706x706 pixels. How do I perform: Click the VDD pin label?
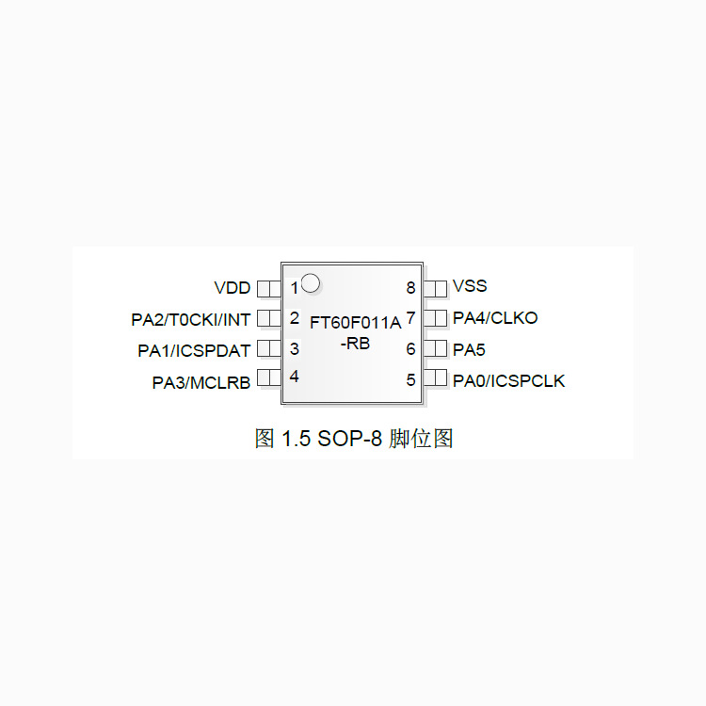point(233,288)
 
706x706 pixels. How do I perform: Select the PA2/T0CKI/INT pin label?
point(191,320)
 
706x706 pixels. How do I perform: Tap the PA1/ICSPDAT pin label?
point(195,351)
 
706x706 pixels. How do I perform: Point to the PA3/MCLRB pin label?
point(201,382)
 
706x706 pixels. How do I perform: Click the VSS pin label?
point(470,286)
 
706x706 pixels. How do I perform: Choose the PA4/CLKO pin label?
point(495,318)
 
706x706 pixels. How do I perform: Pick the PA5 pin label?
point(469,349)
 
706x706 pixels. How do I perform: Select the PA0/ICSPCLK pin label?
point(508,381)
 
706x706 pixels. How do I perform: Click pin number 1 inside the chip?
point(295,288)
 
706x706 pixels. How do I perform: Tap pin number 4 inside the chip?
point(295,377)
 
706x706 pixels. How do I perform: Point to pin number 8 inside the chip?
point(410,288)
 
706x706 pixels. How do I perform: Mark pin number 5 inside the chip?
point(410,380)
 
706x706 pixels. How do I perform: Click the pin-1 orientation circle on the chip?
point(311,282)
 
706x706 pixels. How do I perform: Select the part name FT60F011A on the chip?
point(356,323)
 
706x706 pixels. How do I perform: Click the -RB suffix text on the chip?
point(356,344)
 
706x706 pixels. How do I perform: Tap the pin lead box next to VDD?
point(268,287)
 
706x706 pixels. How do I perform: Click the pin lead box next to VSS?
point(435,287)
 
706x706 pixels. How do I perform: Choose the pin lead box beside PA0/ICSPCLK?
point(435,378)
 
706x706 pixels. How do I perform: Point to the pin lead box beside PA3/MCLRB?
point(268,378)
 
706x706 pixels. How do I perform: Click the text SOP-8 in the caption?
point(348,439)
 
